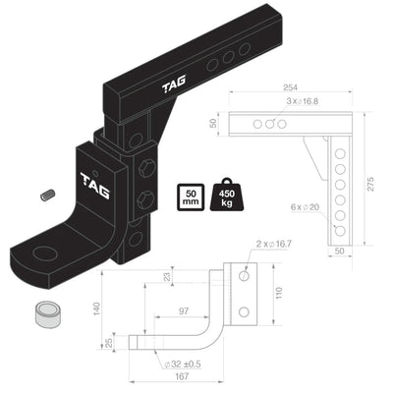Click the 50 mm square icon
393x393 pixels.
192,197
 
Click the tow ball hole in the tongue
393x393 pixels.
44,253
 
